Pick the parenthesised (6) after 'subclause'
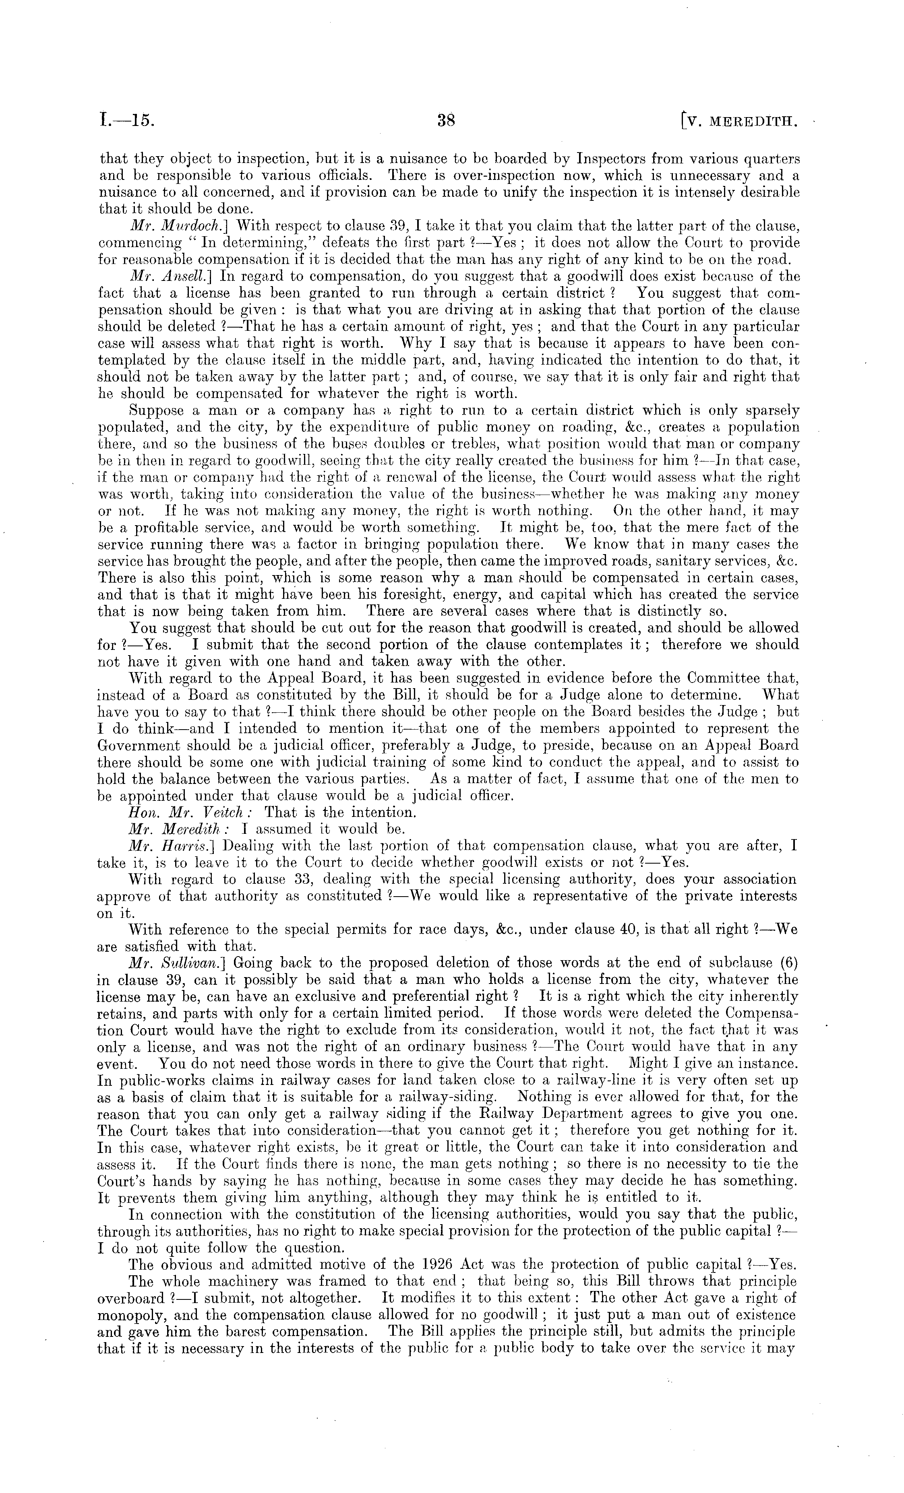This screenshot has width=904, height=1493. (786, 963)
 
